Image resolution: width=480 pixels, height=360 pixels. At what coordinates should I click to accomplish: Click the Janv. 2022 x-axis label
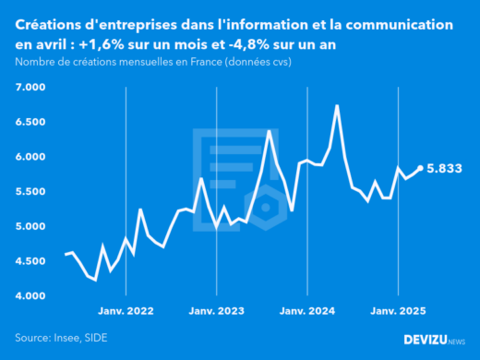[x=126, y=312]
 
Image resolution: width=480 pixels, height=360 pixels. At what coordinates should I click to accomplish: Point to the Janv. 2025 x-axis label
[x=397, y=312]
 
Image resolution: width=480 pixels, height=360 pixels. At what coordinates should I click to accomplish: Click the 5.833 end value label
[x=445, y=169]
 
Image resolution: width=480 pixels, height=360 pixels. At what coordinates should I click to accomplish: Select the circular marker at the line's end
[x=421, y=168]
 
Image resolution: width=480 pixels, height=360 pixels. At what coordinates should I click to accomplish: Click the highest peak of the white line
[x=337, y=105]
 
